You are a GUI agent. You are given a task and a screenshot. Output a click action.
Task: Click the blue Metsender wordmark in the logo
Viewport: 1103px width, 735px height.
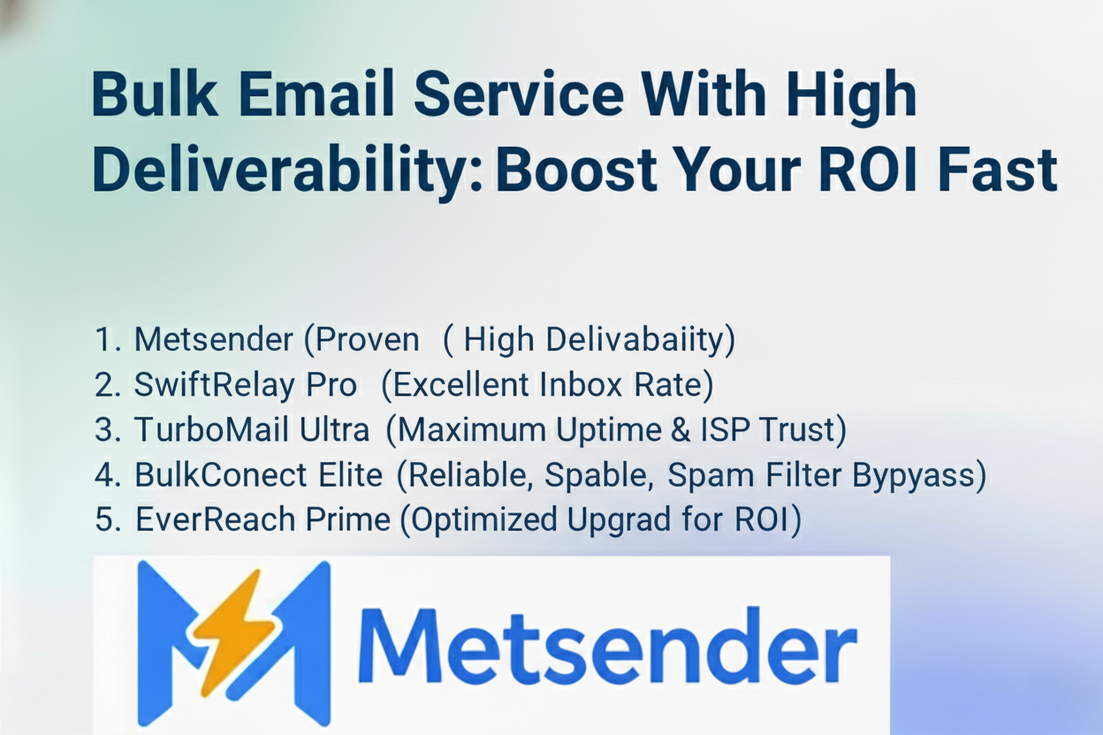(609, 645)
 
